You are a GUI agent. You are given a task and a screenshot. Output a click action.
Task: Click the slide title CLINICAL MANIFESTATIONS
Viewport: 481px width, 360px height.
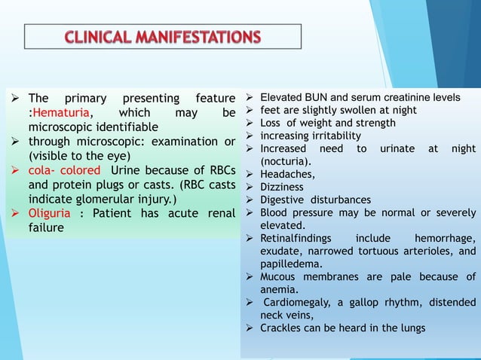tap(163, 37)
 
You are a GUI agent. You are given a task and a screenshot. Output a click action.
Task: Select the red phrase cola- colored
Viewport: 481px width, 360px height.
tap(64, 170)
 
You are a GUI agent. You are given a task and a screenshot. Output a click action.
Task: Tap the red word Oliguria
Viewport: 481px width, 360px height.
tap(52, 213)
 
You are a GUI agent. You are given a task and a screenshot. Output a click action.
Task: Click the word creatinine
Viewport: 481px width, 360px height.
tap(406, 98)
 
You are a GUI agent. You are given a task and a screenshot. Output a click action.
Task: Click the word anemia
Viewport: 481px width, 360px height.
tap(279, 289)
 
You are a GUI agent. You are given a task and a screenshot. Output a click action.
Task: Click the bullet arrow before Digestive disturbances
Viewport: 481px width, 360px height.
tap(251, 200)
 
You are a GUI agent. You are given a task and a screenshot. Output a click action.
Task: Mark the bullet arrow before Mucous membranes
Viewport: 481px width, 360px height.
tap(251, 276)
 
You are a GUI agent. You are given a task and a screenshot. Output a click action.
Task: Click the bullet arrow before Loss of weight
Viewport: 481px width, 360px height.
tap(251, 123)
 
